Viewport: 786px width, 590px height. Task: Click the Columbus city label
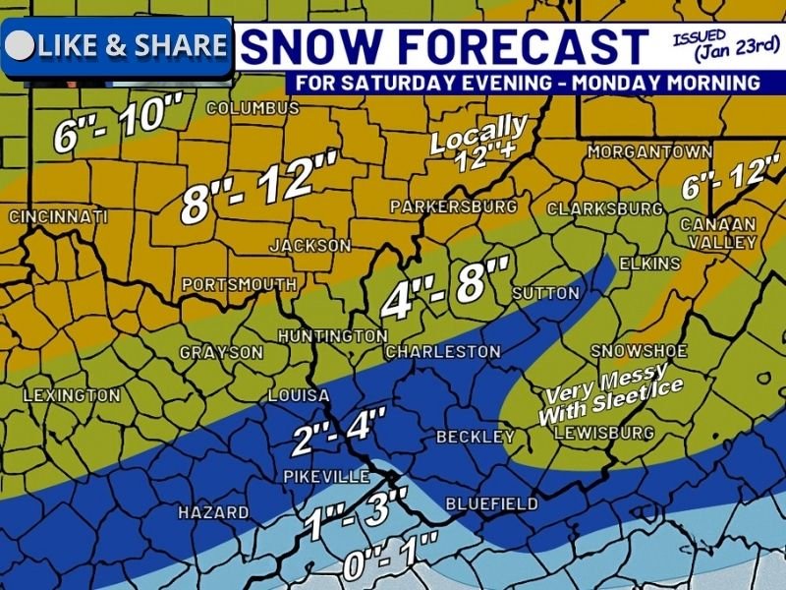coord(252,107)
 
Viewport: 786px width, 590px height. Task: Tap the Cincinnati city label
coord(57,215)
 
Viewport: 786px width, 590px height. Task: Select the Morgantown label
coord(649,152)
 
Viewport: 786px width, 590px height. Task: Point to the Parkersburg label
coord(453,206)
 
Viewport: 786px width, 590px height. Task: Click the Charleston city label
coord(443,351)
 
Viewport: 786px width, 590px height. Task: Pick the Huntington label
coord(332,336)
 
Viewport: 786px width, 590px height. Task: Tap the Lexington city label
coord(71,395)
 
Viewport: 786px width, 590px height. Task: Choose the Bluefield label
coord(491,503)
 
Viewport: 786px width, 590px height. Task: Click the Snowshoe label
coord(637,351)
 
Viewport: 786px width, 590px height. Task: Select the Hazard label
coord(213,512)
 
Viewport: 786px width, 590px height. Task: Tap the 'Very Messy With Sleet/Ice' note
coord(609,392)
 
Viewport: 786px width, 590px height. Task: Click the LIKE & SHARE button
coord(117,46)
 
